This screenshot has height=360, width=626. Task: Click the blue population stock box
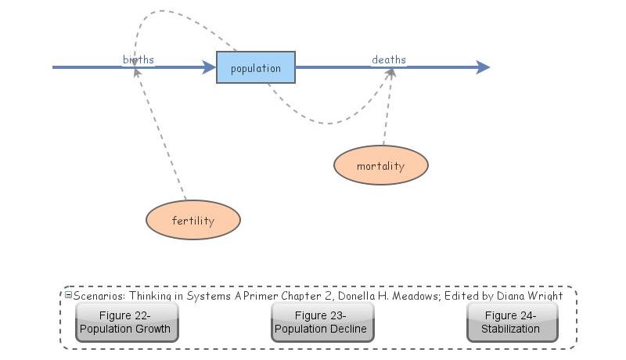coord(256,68)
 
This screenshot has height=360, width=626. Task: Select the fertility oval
coord(192,221)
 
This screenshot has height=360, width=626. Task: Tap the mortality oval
coord(380,166)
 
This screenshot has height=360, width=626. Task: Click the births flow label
coord(139,59)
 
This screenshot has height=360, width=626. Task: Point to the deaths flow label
coord(389,59)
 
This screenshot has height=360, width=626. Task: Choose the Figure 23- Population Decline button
coord(322,322)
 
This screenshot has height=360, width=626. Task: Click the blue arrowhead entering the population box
coord(209,68)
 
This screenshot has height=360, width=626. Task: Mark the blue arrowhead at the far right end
coord(483,68)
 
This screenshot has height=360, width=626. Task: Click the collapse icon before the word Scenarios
coord(68,295)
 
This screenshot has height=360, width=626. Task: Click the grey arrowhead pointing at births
coord(137,72)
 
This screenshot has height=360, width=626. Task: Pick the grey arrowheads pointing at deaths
coord(390,73)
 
